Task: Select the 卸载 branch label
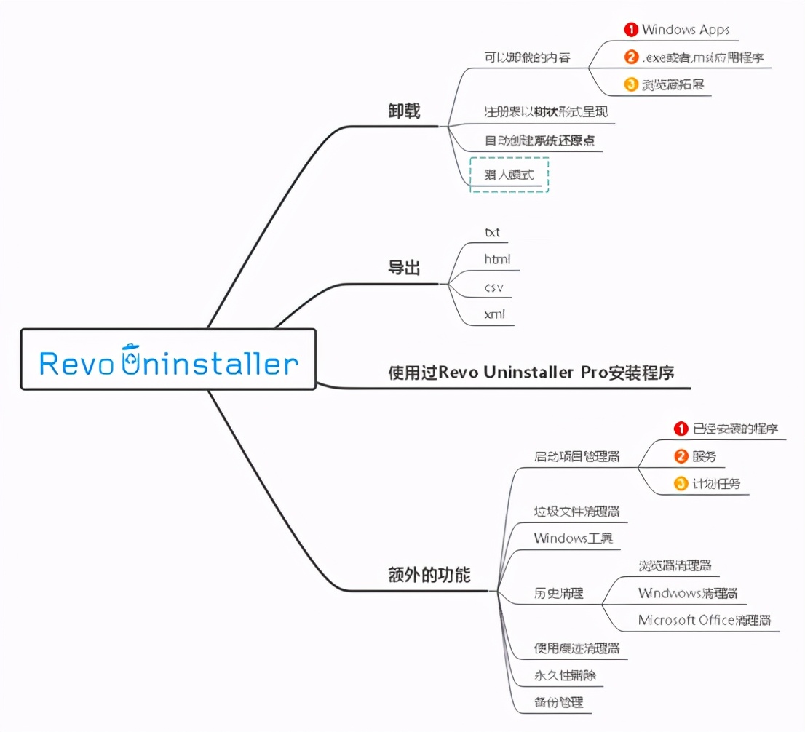click(404, 111)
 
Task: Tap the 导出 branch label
click(404, 268)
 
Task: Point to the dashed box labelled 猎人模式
click(509, 175)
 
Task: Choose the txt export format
click(493, 233)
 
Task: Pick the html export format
click(498, 259)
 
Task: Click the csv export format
click(494, 287)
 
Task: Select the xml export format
click(495, 315)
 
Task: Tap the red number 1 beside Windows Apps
click(631, 30)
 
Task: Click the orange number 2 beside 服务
click(681, 456)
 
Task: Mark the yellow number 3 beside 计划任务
click(681, 482)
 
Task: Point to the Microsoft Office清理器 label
click(705, 620)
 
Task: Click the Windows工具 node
click(574, 538)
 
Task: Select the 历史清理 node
click(559, 593)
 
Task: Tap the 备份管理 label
click(559, 702)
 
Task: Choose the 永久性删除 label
click(565, 675)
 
